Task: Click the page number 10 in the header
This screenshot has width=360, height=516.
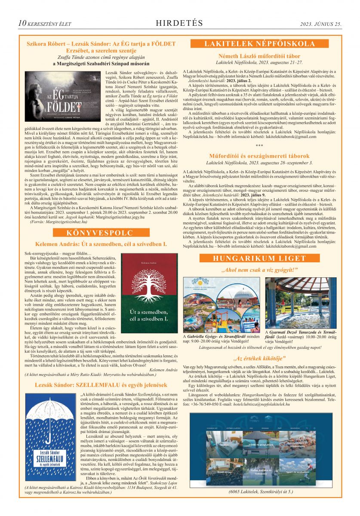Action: point(22,23)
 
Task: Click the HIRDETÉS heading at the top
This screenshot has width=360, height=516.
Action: point(179,23)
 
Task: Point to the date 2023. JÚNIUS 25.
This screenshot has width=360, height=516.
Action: point(320,24)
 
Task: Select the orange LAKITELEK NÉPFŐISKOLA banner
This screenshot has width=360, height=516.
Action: point(259,43)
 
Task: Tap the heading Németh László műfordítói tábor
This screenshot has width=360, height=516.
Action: point(259,56)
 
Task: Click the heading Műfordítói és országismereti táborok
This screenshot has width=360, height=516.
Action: point(259,156)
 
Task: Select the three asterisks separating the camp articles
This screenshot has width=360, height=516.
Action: point(259,146)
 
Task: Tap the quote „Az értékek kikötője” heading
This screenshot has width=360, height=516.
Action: point(259,358)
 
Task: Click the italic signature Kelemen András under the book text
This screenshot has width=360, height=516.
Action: point(165,369)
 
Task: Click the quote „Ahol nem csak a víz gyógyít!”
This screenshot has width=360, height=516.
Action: point(259,270)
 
